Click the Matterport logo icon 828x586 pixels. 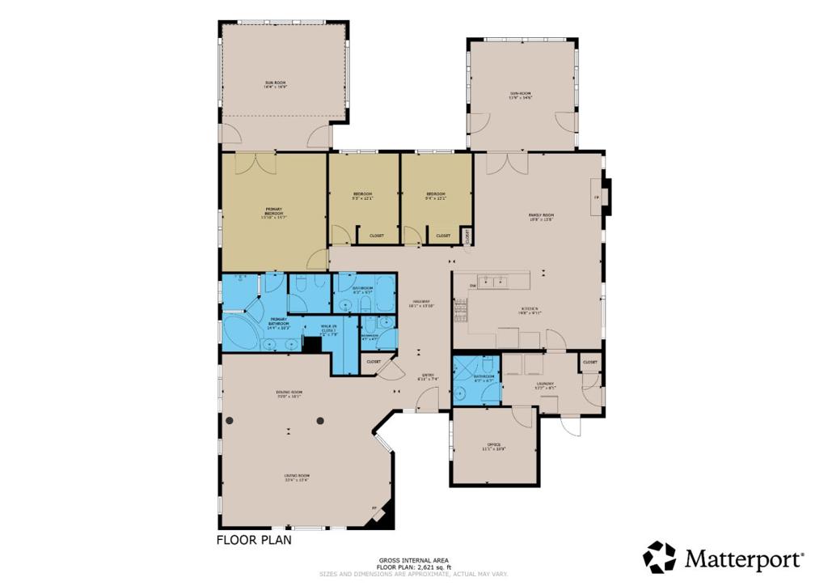coord(659,557)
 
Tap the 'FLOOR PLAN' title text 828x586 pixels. coord(253,539)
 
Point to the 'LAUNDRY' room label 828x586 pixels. coord(544,385)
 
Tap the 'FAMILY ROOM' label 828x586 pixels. coord(541,215)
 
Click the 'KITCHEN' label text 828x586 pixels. coord(530,310)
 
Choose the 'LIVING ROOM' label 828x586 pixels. coord(297,478)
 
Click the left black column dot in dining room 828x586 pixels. coord(230,420)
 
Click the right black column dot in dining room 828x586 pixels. coord(320,420)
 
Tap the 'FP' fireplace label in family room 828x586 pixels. coord(596,197)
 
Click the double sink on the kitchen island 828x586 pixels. coord(492,282)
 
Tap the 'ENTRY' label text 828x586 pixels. coord(426,376)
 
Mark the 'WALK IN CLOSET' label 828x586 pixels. coord(327,330)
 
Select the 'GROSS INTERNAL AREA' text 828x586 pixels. coord(413,560)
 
